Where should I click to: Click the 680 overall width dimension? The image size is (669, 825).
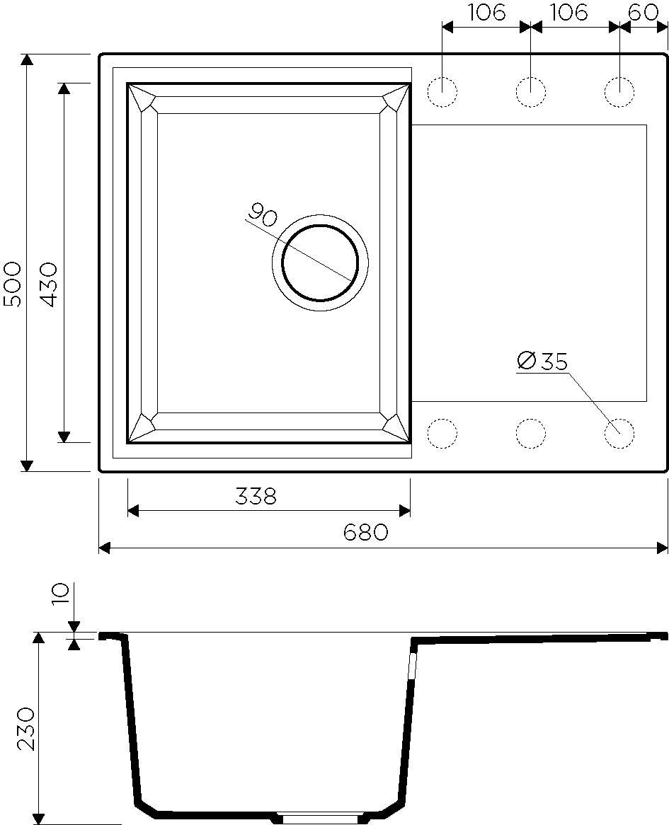366,533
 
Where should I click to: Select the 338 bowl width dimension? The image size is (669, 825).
256,497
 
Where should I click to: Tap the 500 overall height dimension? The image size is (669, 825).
12,284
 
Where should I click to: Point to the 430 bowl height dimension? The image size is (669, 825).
49,284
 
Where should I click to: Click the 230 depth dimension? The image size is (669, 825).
25,728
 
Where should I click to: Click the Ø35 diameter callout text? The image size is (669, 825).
543,362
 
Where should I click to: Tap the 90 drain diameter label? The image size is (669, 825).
263,215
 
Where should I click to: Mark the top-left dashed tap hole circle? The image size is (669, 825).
442,92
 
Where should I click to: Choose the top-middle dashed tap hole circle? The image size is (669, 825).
531,92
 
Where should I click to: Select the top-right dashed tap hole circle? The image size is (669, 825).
619,92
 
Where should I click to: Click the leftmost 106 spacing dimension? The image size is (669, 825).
486,12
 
